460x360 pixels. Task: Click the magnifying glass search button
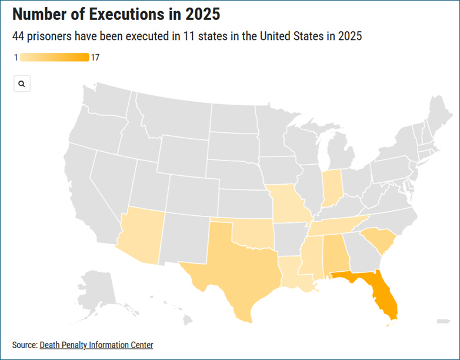[x=22, y=84]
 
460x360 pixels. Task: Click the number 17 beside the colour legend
[x=95, y=57]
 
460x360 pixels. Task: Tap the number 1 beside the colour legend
[x=15, y=57]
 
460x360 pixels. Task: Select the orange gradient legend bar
[x=54, y=57]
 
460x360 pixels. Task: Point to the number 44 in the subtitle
[x=19, y=36]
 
